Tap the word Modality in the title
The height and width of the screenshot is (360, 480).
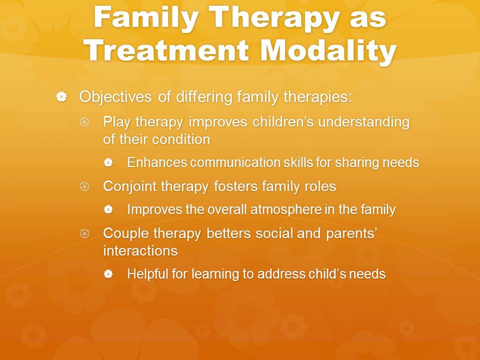[328, 50]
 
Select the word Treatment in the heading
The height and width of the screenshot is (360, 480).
[166, 50]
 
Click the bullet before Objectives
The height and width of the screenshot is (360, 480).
[61, 96]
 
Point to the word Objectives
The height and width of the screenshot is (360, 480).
[115, 97]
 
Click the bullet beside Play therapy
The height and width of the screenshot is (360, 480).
[85, 122]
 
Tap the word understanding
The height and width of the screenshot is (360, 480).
[363, 122]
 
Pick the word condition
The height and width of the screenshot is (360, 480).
[181, 139]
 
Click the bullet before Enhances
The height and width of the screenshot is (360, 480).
[108, 162]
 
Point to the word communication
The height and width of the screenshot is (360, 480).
[234, 162]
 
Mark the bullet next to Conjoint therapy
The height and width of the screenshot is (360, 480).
[85, 186]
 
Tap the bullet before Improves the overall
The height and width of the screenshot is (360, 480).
[108, 209]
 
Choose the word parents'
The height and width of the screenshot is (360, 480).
[351, 234]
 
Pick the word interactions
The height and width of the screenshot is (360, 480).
[140, 251]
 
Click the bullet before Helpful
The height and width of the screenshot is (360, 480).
[108, 273]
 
